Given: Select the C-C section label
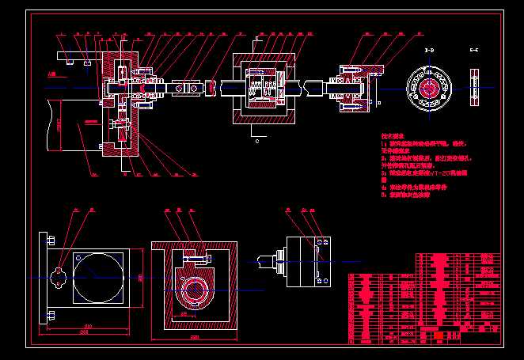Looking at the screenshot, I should tap(473, 50).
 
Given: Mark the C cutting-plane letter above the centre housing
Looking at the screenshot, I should tap(257, 38).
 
